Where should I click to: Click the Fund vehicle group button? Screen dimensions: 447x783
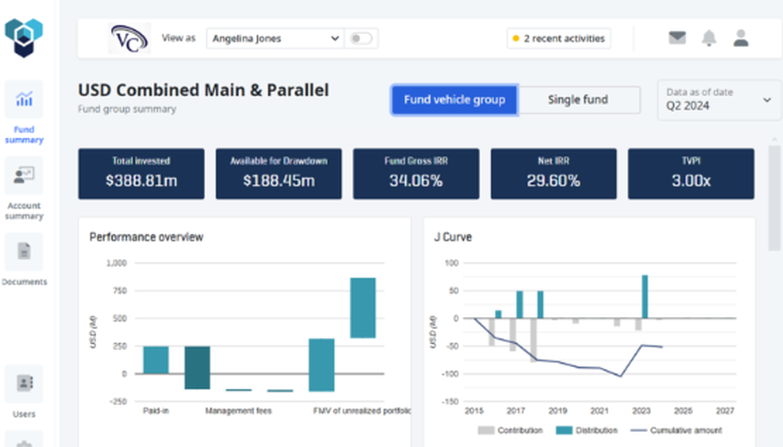click(x=454, y=100)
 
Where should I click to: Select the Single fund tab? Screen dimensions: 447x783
click(x=578, y=100)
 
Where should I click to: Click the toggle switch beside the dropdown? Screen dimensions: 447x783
click(x=361, y=38)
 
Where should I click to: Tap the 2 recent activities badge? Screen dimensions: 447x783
click(x=558, y=38)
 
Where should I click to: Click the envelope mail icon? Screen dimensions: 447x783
click(x=677, y=38)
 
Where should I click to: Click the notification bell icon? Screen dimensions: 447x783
click(x=709, y=38)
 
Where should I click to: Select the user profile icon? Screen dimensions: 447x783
click(x=741, y=38)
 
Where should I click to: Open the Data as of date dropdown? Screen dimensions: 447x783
click(x=719, y=99)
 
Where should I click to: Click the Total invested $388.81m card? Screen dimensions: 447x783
click(x=141, y=174)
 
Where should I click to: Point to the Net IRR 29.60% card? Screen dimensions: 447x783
click(x=553, y=174)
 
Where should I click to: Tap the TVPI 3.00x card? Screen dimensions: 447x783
click(x=691, y=174)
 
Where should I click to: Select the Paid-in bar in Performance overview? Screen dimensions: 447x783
click(x=156, y=359)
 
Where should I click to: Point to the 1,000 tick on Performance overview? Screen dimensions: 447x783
click(x=116, y=264)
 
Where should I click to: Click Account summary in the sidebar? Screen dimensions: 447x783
click(x=24, y=188)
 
